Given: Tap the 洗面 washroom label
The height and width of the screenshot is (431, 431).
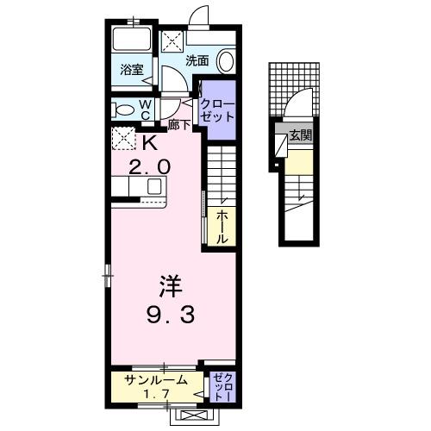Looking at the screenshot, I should point(197,60).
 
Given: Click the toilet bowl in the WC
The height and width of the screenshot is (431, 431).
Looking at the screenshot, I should point(122,109).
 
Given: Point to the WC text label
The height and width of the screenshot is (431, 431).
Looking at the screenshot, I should point(146,109).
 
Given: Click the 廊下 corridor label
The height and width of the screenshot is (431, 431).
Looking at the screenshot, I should point(179,124).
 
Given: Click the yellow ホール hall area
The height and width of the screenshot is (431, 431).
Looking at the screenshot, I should point(222,227).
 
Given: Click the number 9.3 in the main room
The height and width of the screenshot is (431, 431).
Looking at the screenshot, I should point(169,315).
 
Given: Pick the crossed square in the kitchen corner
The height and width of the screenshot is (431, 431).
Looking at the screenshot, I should point(123,138).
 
